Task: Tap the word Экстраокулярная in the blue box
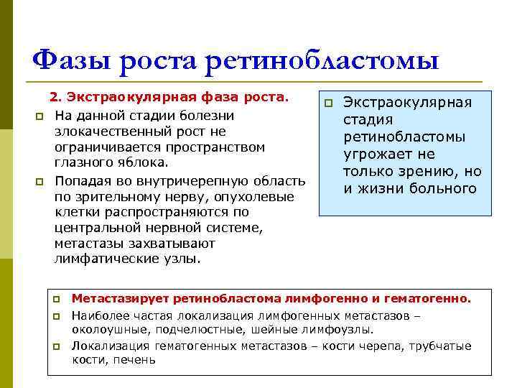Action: point(407,102)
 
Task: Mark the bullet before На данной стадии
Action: point(40,116)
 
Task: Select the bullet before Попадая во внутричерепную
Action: point(40,180)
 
